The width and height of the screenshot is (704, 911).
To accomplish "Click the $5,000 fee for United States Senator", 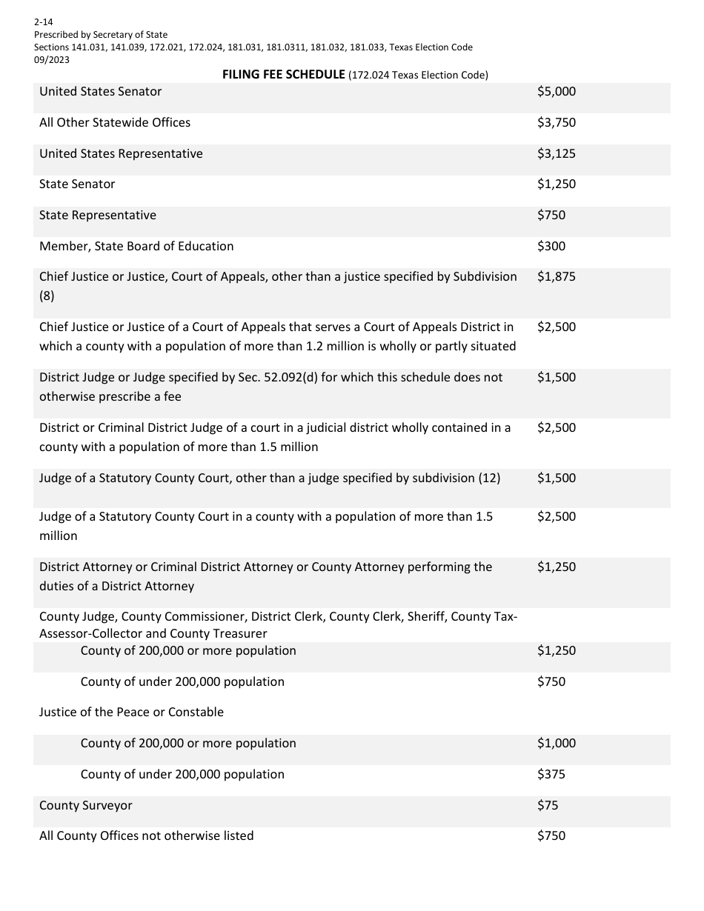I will click(556, 92).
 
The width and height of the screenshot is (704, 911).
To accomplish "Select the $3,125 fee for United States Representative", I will click(556, 154).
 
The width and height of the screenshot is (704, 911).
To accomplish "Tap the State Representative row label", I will click(98, 216).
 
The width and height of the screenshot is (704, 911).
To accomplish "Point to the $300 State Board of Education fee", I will click(551, 247).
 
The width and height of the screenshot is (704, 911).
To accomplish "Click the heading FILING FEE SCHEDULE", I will click(284, 75).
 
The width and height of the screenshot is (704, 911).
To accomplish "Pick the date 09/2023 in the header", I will click(52, 60).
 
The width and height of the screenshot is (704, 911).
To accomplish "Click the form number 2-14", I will click(43, 22).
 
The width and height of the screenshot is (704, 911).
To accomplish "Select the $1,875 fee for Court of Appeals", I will click(556, 277).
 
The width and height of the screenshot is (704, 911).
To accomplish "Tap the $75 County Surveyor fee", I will click(548, 806).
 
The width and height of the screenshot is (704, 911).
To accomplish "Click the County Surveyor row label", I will click(86, 806).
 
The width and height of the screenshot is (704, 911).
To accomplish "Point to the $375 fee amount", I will click(551, 775).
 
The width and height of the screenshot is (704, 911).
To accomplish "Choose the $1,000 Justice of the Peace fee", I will click(556, 744).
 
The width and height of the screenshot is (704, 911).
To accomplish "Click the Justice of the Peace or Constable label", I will click(131, 713).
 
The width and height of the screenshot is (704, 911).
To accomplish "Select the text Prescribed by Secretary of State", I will click(101, 35).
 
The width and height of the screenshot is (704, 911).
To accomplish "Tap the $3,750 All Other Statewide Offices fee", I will click(556, 123).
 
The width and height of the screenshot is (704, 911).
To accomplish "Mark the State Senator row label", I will click(77, 184).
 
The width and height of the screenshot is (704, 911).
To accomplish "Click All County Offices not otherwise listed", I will click(146, 836).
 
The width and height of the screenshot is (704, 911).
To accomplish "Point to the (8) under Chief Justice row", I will click(47, 296).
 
